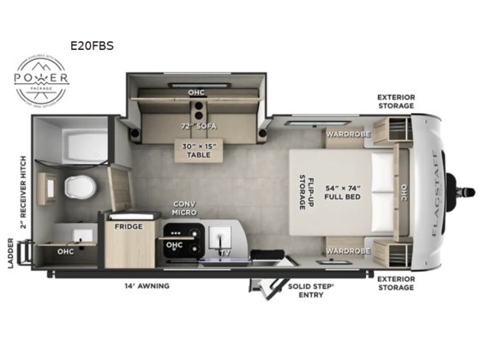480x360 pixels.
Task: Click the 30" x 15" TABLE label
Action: tap(198, 151)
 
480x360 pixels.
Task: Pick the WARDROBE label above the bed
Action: tap(346, 134)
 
